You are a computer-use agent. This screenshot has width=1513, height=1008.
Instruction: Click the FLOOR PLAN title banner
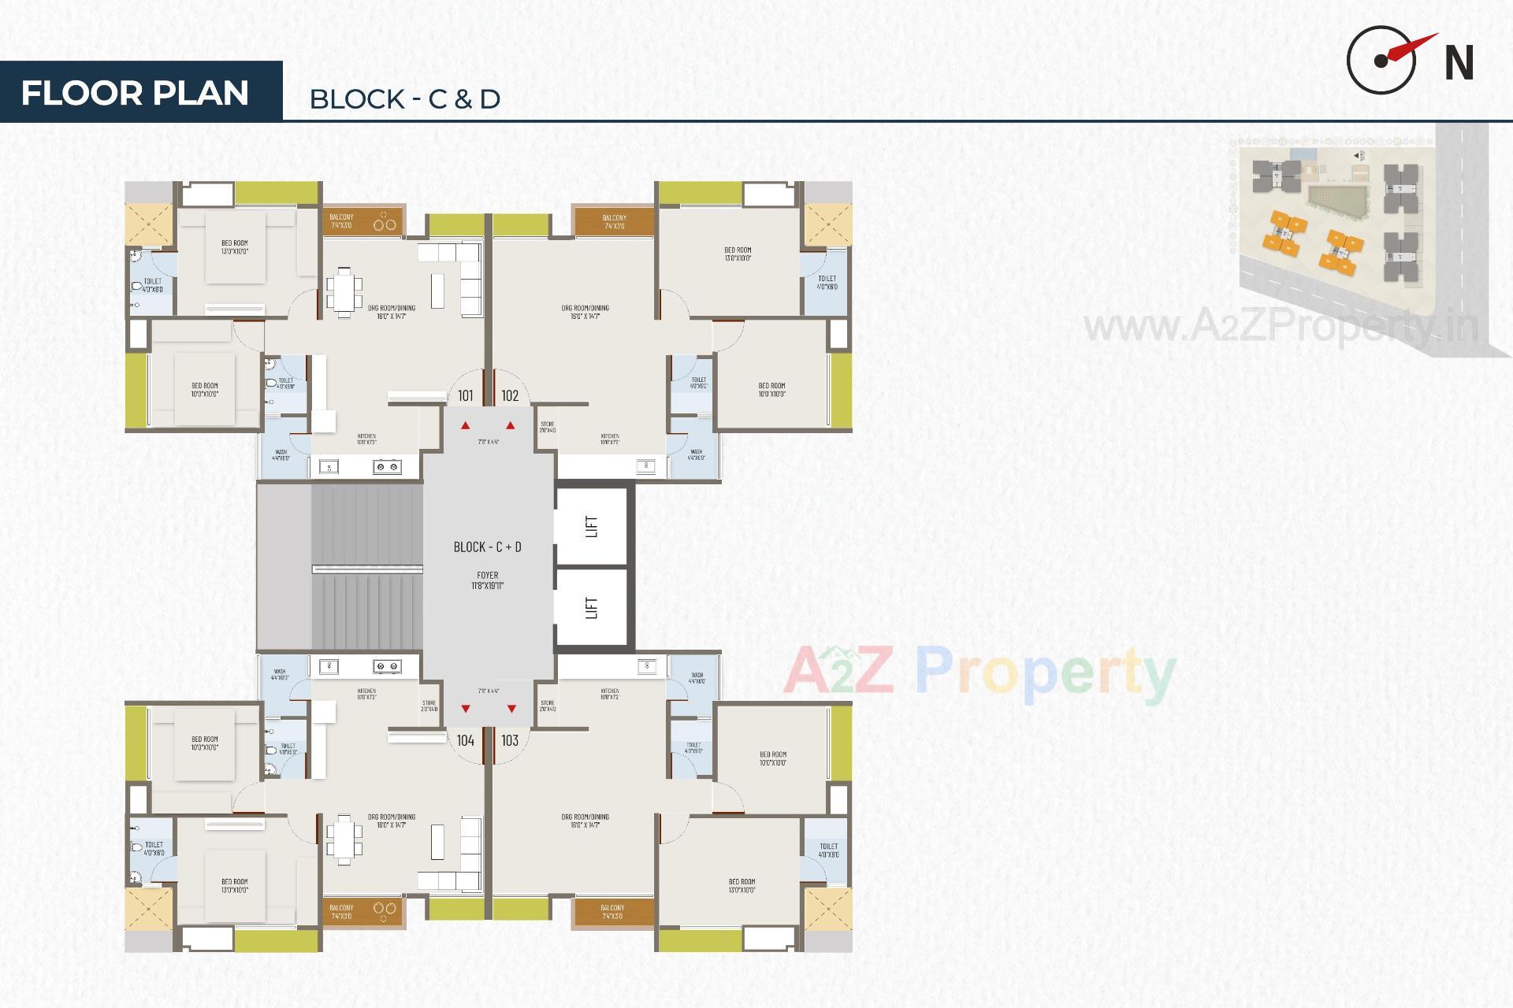136,92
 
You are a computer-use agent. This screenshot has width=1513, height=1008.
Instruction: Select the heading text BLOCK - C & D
404,99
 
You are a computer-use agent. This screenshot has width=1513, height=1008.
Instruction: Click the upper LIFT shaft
592,526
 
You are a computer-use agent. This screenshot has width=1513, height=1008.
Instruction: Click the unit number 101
466,396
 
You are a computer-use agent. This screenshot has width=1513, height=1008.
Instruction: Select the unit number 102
510,396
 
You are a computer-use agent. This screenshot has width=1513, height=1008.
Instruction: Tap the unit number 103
510,740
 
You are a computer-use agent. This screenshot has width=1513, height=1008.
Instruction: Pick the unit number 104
466,740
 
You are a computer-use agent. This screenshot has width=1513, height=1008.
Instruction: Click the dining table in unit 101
344,291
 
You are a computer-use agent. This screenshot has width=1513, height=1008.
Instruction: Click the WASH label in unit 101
281,454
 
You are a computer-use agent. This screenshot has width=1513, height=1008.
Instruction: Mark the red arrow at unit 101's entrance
466,426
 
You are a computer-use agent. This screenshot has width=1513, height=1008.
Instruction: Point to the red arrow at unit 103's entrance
511,709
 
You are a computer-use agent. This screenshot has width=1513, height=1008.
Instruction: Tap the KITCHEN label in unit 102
609,439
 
